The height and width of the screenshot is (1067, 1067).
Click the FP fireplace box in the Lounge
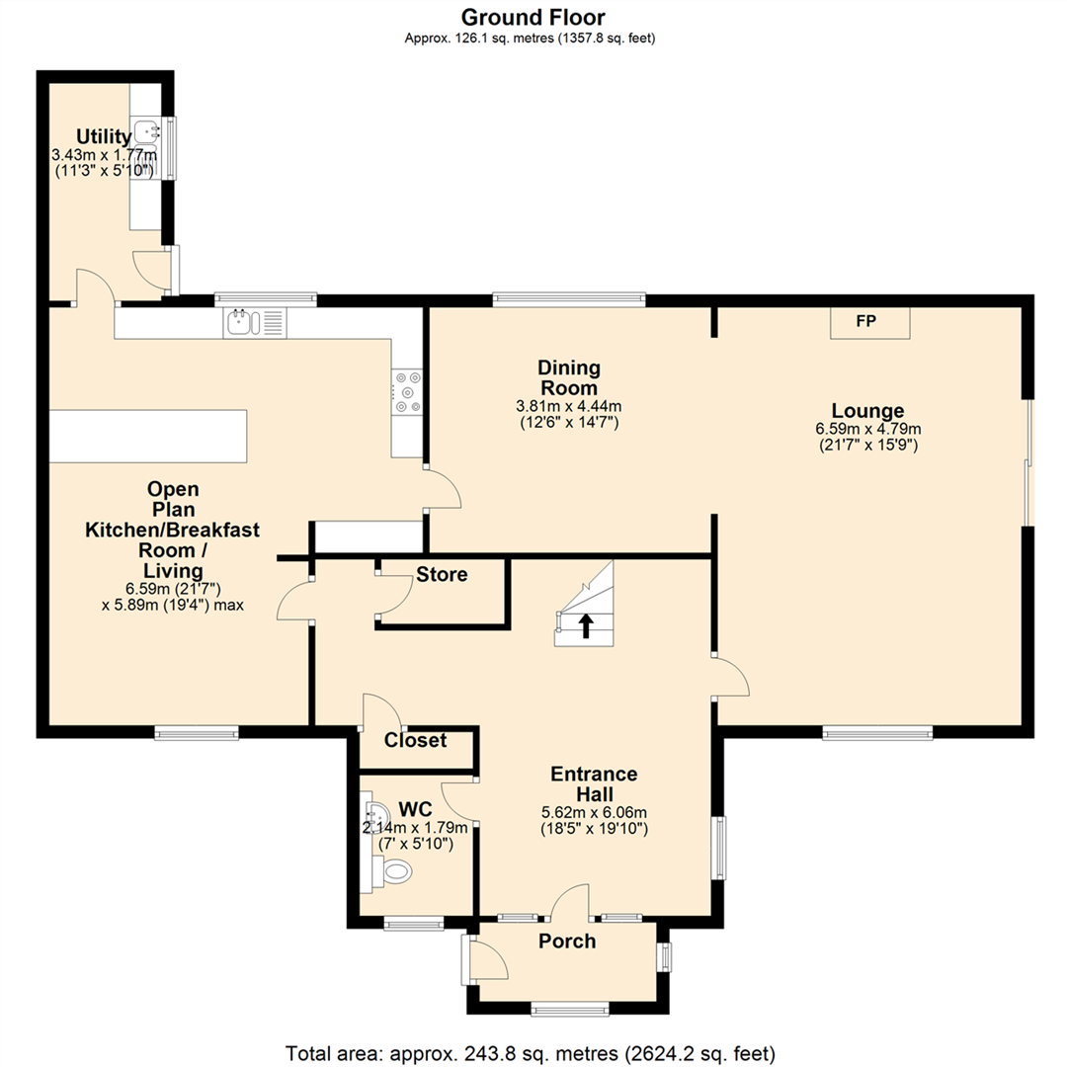click(869, 322)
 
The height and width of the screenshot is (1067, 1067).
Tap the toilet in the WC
click(397, 870)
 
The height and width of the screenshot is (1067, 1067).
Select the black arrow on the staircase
click(585, 625)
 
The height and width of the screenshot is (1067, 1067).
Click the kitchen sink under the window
click(255, 322)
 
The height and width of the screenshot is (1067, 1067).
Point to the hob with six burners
click(406, 392)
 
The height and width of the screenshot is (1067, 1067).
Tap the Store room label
click(442, 574)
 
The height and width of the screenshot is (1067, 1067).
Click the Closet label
click(415, 740)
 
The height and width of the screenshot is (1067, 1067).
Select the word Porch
click(567, 942)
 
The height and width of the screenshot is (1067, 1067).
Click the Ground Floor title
click(533, 17)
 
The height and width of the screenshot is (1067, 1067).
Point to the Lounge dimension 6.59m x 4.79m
click(868, 429)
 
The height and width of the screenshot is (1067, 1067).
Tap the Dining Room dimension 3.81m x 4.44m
click(569, 406)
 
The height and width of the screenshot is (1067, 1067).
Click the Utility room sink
click(147, 130)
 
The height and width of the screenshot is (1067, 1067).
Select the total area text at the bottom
click(531, 1053)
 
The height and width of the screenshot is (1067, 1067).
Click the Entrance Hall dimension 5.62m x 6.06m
click(594, 812)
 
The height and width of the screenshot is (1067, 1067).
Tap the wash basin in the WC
click(376, 814)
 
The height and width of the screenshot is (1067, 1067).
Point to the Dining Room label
click(569, 377)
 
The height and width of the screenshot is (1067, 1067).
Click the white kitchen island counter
click(148, 437)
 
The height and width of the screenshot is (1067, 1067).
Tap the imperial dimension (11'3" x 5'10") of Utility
click(104, 170)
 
